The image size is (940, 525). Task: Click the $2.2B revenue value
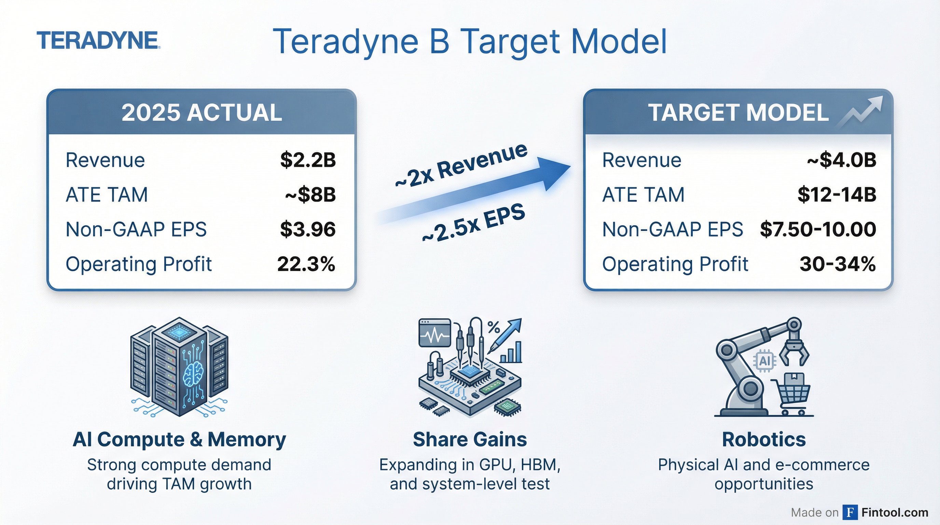(308, 160)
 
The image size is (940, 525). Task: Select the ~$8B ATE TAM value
(310, 194)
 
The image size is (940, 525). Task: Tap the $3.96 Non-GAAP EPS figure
(308, 229)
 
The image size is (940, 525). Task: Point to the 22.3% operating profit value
(306, 264)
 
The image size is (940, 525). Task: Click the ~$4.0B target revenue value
(842, 160)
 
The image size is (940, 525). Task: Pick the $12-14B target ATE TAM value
(837, 194)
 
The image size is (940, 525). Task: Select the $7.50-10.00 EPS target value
(818, 229)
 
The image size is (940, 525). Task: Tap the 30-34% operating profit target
(838, 264)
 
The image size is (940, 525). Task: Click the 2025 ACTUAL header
(202, 112)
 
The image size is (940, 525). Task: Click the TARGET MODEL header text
(738, 112)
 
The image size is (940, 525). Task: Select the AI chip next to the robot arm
(764, 361)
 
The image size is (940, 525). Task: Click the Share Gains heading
(470, 439)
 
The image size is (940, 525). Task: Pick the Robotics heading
(764, 439)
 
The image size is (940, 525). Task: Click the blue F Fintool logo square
(850, 512)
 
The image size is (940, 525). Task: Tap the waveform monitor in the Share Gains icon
(435, 333)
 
